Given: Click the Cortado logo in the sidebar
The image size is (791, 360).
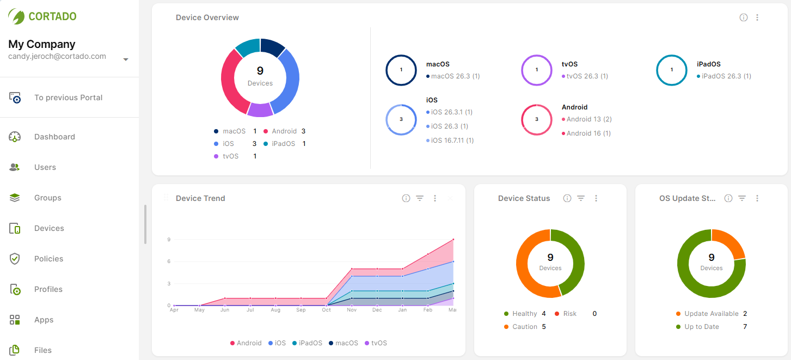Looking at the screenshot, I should point(42,16).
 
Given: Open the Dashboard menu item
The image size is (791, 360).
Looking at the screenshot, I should point(54,137).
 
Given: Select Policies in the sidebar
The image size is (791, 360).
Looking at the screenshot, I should point(48,259).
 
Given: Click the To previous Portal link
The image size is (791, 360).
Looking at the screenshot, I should point(68,97).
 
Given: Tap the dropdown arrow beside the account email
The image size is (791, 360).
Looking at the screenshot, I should point(126,59).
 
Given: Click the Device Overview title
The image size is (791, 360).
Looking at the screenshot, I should point(207,17).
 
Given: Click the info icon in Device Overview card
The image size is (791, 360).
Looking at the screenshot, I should point(744,17).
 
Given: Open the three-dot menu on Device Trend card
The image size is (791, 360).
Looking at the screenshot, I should point(435,198).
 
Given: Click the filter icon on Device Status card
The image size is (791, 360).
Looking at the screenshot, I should point(581,198).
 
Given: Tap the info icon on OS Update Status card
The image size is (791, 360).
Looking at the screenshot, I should point(728,198).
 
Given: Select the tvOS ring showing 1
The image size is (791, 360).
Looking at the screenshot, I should point(537,70).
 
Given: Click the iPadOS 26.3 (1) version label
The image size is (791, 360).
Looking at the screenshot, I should point(726,76).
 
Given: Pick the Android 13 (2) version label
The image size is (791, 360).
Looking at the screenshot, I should point(588,119).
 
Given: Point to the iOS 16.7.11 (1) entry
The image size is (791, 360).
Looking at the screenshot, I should point(452,141).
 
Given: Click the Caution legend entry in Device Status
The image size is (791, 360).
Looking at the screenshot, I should point(525,327).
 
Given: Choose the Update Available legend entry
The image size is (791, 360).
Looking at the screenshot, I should point(711,314).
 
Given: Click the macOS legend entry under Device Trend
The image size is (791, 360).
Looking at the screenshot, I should point(346,343).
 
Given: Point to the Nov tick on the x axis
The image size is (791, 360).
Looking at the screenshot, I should point(352,310).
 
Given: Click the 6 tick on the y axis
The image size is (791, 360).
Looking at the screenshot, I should point(169,261).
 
